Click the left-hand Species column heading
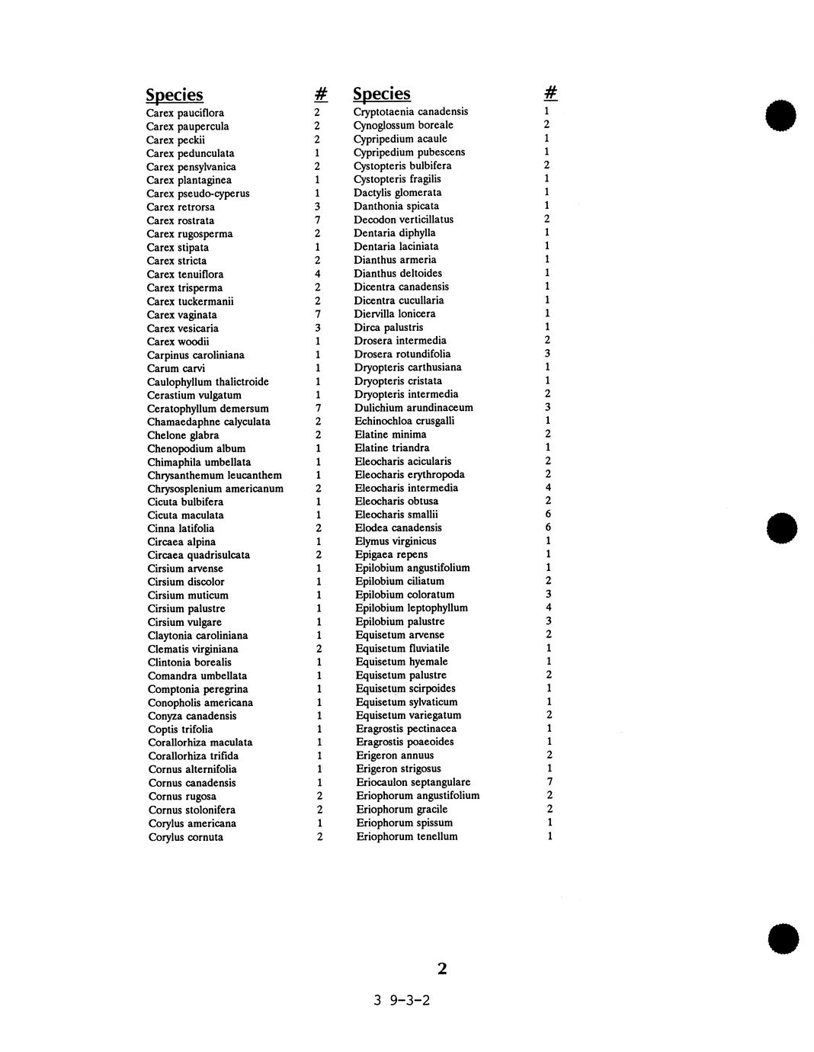pyautogui.click(x=175, y=95)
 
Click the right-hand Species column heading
pyautogui.click(x=382, y=94)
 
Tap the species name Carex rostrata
pyautogui.click(x=181, y=220)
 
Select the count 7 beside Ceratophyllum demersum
pyautogui.click(x=318, y=409)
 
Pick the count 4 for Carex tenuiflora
pyautogui.click(x=317, y=274)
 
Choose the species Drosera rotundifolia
pyautogui.click(x=402, y=354)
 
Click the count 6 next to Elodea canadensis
pyautogui.click(x=548, y=528)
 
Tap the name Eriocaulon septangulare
pyautogui.click(x=413, y=782)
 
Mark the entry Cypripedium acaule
pyautogui.click(x=400, y=139)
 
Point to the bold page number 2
pyautogui.click(x=442, y=969)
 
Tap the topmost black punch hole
pyautogui.click(x=782, y=117)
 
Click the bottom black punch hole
pyautogui.click(x=784, y=938)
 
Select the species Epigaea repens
pyautogui.click(x=391, y=554)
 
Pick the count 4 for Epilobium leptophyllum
pyautogui.click(x=549, y=608)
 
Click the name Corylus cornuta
pyautogui.click(x=186, y=837)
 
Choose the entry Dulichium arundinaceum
pyautogui.click(x=414, y=408)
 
